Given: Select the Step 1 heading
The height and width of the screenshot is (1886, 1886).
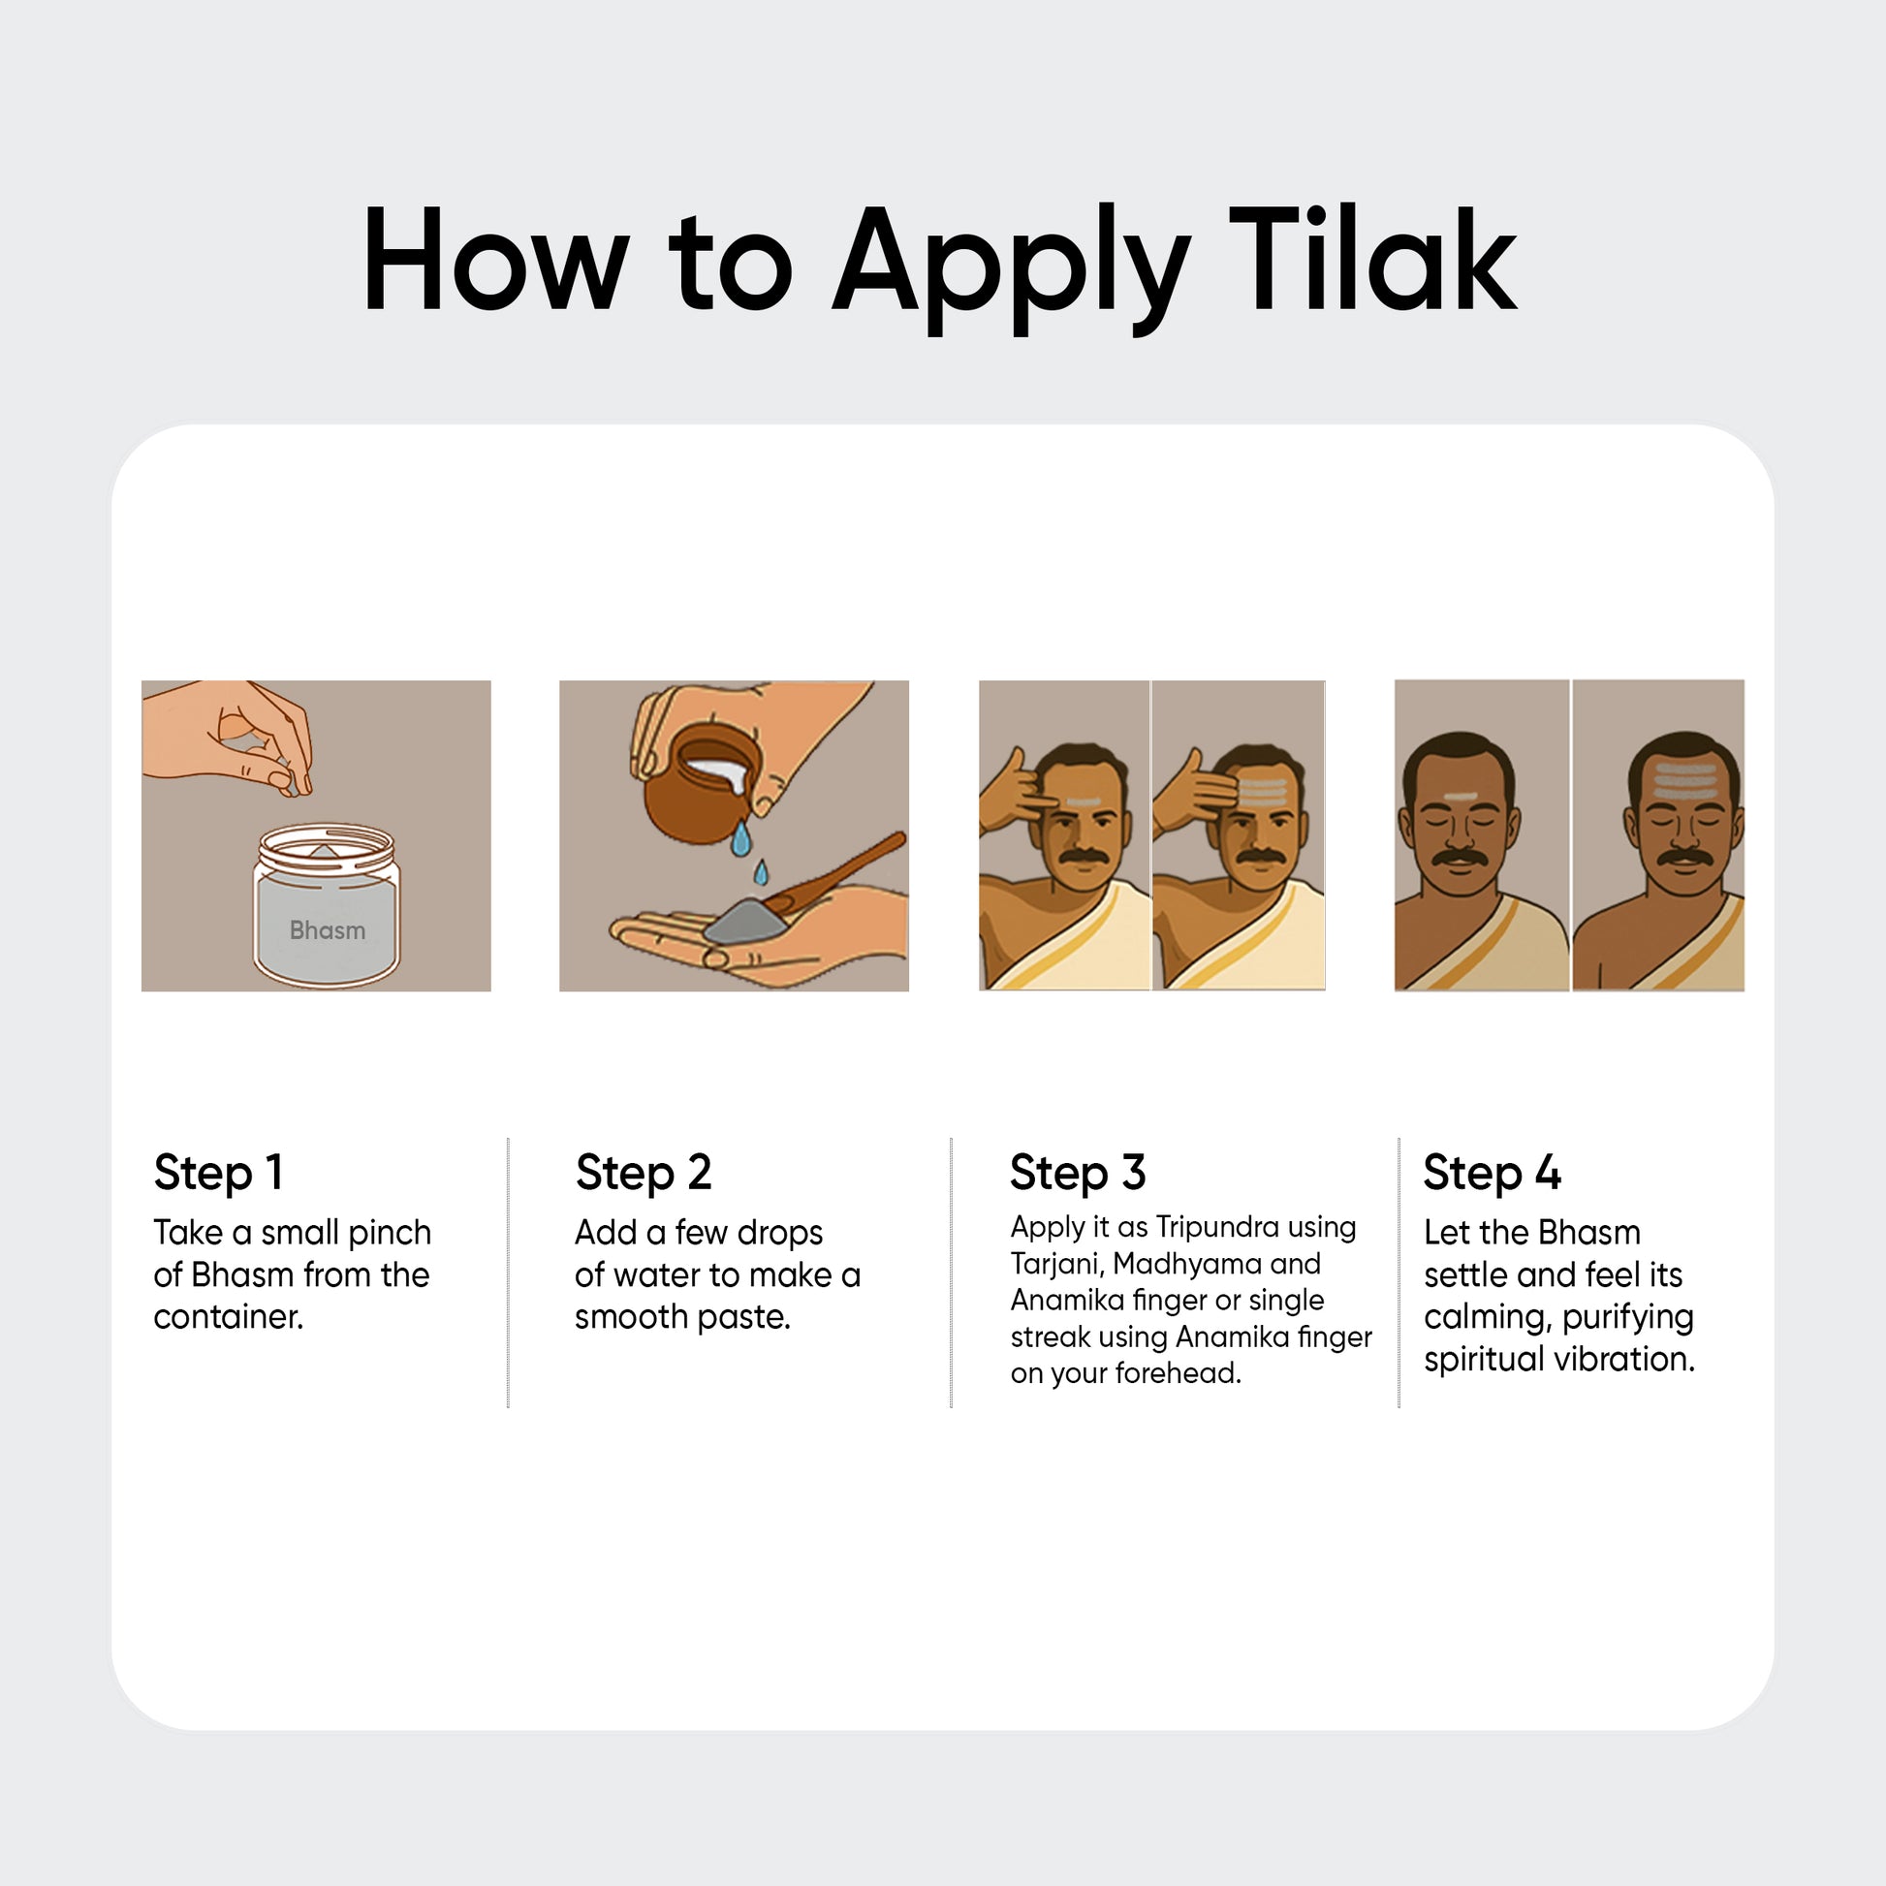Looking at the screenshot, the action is (218, 1173).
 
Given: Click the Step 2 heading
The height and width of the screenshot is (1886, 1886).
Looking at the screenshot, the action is (644, 1173).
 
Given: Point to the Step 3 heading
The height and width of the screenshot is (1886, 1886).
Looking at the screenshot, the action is (1078, 1173).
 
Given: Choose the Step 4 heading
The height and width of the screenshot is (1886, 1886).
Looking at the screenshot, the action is (1492, 1173).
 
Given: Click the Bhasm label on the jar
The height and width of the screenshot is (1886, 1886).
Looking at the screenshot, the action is (327, 930).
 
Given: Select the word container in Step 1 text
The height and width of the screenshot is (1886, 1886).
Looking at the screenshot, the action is (229, 1317).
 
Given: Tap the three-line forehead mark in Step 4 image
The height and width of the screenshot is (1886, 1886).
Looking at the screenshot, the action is (1684, 780).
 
